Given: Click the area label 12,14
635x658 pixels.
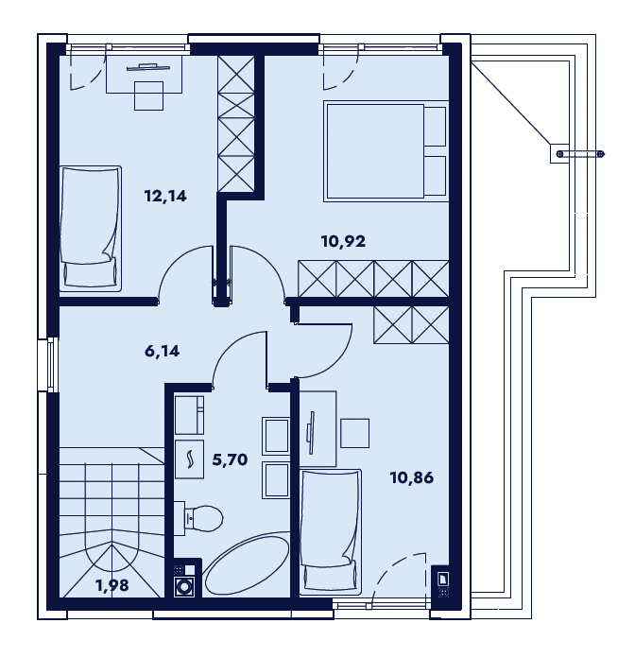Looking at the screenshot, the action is point(165,196).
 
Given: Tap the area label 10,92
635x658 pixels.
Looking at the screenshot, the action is point(343,241).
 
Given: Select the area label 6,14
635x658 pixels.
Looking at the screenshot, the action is point(162,351).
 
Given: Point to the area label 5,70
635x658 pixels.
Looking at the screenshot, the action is point(230,459).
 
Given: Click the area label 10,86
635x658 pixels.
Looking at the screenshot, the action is point(412,477).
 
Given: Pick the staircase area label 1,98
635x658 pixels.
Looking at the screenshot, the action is point(112,585).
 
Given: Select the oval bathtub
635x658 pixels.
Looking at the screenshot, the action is point(247,565).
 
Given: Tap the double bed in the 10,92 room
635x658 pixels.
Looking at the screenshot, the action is point(386,151).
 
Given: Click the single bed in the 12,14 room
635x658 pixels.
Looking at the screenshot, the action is point(91,228).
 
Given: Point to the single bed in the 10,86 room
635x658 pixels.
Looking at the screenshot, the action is point(331,532).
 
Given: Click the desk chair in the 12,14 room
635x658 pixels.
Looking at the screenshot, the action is point(148,96).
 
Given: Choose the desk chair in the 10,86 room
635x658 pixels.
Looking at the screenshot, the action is point(355,433).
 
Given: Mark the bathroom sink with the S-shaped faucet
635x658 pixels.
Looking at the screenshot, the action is point(189,459).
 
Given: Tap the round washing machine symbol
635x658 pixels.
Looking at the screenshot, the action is point(183,586).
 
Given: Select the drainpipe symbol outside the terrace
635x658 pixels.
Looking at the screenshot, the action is point(581,154).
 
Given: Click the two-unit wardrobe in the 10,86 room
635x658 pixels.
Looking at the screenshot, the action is point(411,325).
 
